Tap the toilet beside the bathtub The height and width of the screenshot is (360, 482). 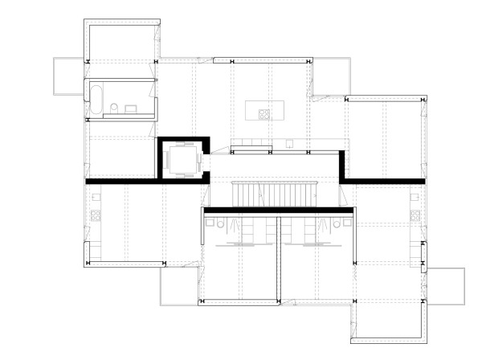pyautogui.click(x=115, y=108)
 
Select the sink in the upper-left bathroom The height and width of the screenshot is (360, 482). pyautogui.click(x=131, y=108)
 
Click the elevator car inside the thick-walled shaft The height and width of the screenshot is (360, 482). pyautogui.click(x=182, y=157)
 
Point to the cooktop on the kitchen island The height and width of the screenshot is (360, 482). pyautogui.click(x=263, y=111)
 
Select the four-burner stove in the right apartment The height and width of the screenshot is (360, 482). pyautogui.click(x=415, y=215)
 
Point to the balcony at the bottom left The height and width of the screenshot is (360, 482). pyautogui.click(x=178, y=285)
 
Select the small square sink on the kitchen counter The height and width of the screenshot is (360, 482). pyautogui.click(x=288, y=146)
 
